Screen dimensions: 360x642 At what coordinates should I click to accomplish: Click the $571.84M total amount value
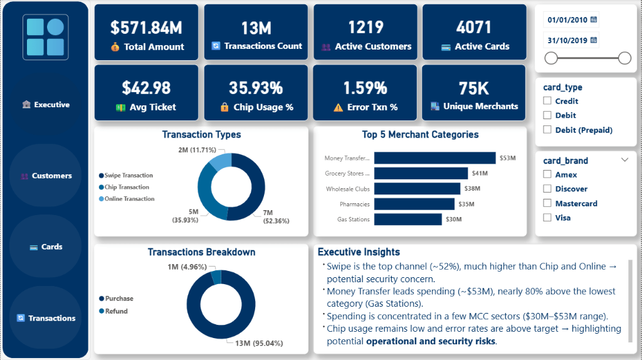tap(146, 27)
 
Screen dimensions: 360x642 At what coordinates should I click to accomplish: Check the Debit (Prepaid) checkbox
tap(547, 130)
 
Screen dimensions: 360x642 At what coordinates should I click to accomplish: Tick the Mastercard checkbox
tap(547, 203)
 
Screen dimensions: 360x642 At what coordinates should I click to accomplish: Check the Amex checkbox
tap(547, 174)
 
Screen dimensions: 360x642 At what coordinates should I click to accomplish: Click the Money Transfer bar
tap(435, 158)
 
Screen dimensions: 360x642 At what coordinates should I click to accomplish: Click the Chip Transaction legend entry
tap(126, 187)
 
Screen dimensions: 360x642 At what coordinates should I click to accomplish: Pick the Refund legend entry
tap(116, 311)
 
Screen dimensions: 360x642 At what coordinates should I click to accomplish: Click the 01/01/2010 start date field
tap(567, 20)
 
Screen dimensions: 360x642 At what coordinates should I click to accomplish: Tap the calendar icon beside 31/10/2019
tap(593, 41)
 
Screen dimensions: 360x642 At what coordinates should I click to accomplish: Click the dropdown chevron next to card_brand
tap(624, 160)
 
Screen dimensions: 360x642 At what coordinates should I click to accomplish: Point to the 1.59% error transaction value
tap(365, 88)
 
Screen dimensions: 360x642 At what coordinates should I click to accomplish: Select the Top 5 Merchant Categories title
tap(420, 134)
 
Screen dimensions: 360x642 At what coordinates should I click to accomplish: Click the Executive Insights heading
tap(359, 252)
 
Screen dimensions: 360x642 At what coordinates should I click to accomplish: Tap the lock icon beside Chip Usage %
tap(224, 107)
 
